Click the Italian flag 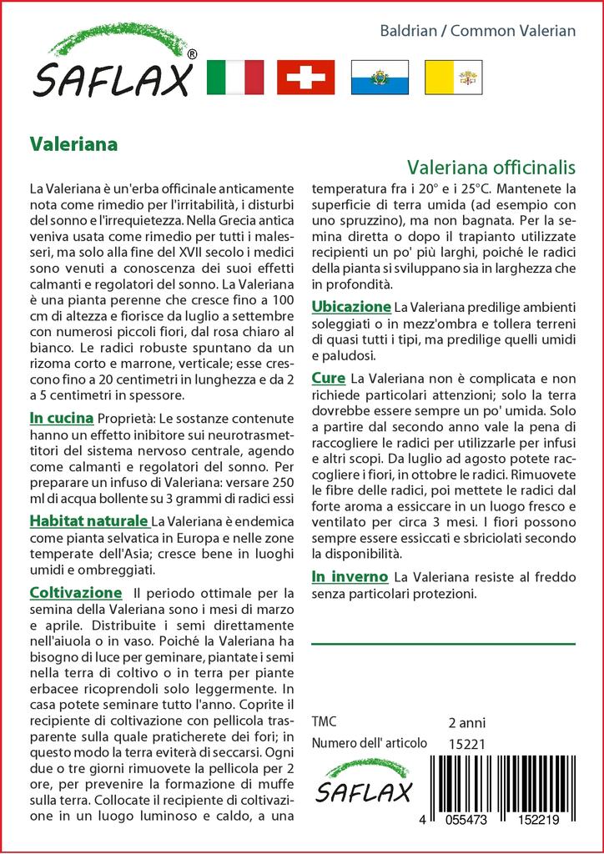click(x=234, y=78)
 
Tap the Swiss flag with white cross click(x=306, y=78)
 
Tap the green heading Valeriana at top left click(x=73, y=143)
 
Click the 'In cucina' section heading click(x=61, y=417)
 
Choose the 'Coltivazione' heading click(x=75, y=593)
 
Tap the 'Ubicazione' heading click(x=350, y=306)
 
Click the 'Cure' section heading click(x=328, y=378)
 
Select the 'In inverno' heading click(x=349, y=576)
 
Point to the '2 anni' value click(x=466, y=722)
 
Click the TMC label click(x=324, y=722)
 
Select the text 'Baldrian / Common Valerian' click(x=478, y=31)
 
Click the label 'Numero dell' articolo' click(x=368, y=743)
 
